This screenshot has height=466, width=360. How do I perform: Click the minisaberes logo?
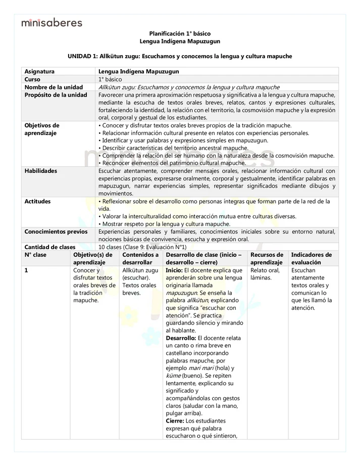tap(52, 22)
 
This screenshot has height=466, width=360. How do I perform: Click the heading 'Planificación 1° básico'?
tap(180, 33)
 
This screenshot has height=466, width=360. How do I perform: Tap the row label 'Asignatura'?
tap(39, 72)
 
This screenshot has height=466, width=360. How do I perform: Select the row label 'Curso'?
tap(33, 79)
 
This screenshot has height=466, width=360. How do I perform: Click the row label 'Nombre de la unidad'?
tap(54, 87)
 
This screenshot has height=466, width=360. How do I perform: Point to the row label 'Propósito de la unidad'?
tap(56, 95)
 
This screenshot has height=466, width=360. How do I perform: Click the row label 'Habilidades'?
tap(41, 171)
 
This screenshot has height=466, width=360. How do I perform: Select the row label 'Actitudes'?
tap(37, 201)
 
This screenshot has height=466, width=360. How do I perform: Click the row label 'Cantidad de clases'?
tap(50, 247)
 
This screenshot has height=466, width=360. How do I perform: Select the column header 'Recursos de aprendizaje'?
tap(267, 259)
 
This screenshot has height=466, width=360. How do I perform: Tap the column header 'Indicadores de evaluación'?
tap(312, 259)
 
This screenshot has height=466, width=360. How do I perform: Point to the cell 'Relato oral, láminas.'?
tap(265, 274)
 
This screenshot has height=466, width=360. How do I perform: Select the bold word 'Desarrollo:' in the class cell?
tap(181, 338)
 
